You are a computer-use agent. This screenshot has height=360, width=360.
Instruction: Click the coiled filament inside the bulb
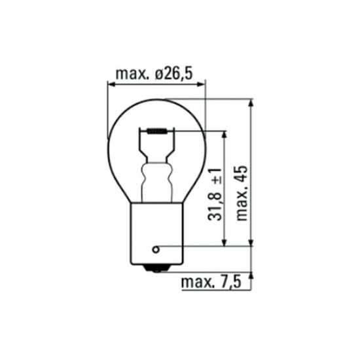156,131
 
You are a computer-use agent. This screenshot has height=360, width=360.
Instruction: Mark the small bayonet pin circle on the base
155,249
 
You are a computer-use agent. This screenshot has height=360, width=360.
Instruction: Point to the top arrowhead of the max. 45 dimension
251,103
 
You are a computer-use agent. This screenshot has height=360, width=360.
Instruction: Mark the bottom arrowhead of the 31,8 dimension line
225,243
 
